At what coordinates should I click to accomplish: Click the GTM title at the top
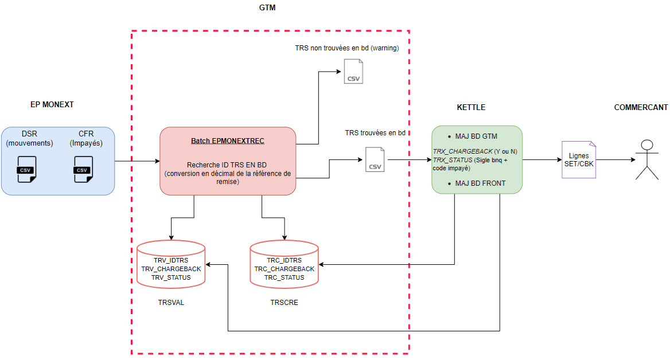[267, 8]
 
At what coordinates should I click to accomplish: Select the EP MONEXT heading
[52, 104]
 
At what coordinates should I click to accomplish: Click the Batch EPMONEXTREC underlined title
[228, 141]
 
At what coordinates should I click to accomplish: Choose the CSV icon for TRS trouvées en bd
[375, 159]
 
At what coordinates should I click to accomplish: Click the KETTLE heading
[471, 107]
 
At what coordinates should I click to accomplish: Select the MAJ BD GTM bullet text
[476, 136]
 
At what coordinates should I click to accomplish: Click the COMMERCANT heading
[641, 107]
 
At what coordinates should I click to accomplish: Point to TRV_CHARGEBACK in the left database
[171, 269]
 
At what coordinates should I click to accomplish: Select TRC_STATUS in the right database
[284, 277]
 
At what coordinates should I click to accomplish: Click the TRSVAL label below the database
[171, 302]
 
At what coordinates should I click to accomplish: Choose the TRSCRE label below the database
[284, 302]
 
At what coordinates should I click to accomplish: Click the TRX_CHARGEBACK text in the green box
[462, 151]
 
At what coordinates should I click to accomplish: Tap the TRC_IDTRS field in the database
[284, 260]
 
